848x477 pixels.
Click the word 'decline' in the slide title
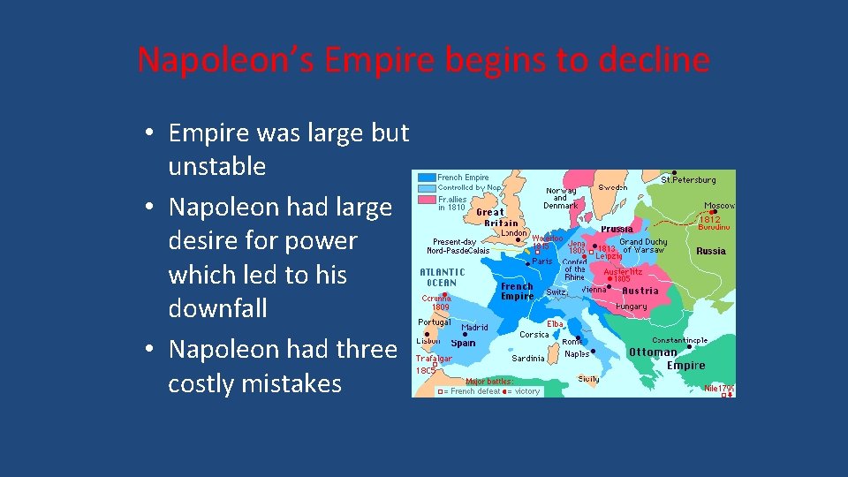(655, 60)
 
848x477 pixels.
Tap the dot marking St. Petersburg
(675, 172)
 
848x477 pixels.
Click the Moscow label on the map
(718, 206)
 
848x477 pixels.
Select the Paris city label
(541, 261)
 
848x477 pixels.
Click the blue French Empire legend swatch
(428, 178)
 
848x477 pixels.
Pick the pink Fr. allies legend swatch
(428, 202)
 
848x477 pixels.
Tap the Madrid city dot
(465, 334)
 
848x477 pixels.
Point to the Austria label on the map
(640, 291)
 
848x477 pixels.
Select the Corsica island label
(534, 335)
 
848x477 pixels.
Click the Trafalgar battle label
(434, 359)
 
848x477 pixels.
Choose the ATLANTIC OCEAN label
(443, 277)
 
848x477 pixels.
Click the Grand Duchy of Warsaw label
(642, 246)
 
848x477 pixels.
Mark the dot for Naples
(593, 351)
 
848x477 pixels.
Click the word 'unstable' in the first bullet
(216, 166)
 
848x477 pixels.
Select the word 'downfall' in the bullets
(217, 308)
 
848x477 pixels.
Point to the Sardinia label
(528, 359)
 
